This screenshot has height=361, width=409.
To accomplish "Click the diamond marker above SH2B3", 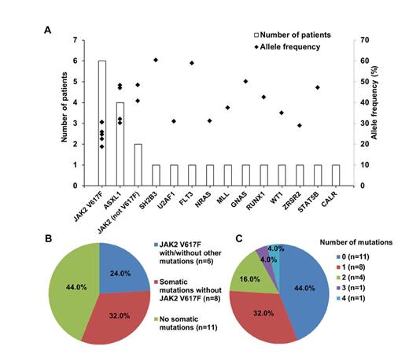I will click(x=156, y=60).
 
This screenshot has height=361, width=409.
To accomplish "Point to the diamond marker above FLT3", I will click(x=192, y=63).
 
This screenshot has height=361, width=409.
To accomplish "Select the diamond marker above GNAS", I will click(x=245, y=81).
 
